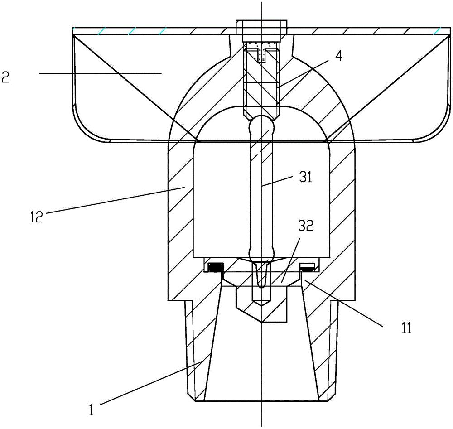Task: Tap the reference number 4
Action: [339, 56]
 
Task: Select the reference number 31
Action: [306, 177]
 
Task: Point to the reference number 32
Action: [306, 226]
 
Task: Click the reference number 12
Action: [37, 217]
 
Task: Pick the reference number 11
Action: [406, 328]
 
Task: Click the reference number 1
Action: [92, 410]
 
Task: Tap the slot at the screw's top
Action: [262, 54]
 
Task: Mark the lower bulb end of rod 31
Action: [261, 254]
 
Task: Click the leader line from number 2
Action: [100, 74]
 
